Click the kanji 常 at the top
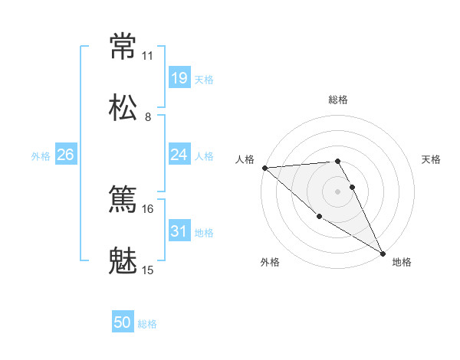[123, 46]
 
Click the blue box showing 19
[179, 77]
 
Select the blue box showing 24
[179, 155]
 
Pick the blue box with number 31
[179, 231]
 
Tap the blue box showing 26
[65, 155]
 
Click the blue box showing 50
[122, 322]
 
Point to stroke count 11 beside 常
[147, 56]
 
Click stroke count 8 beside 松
[148, 117]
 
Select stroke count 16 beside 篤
[147, 209]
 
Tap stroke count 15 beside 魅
[147, 270]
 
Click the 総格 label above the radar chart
[338, 100]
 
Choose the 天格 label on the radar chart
[432, 159]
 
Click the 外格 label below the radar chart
[270, 262]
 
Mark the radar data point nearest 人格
[264, 168]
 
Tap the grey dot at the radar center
[338, 191]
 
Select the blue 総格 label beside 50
[148, 324]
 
